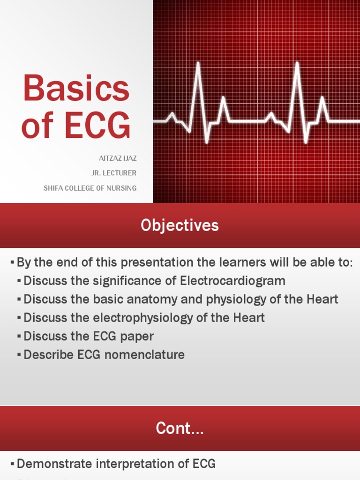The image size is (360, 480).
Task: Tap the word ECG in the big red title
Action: [97, 126]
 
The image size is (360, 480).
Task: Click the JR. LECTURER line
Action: [114, 173]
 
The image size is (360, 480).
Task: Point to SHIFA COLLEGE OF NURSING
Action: [90, 188]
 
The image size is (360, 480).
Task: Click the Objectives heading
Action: [180, 225]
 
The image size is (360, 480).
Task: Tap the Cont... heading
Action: [180, 428]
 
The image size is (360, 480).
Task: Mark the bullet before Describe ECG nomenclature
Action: [19, 355]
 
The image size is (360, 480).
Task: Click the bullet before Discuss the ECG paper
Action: [19, 337]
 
